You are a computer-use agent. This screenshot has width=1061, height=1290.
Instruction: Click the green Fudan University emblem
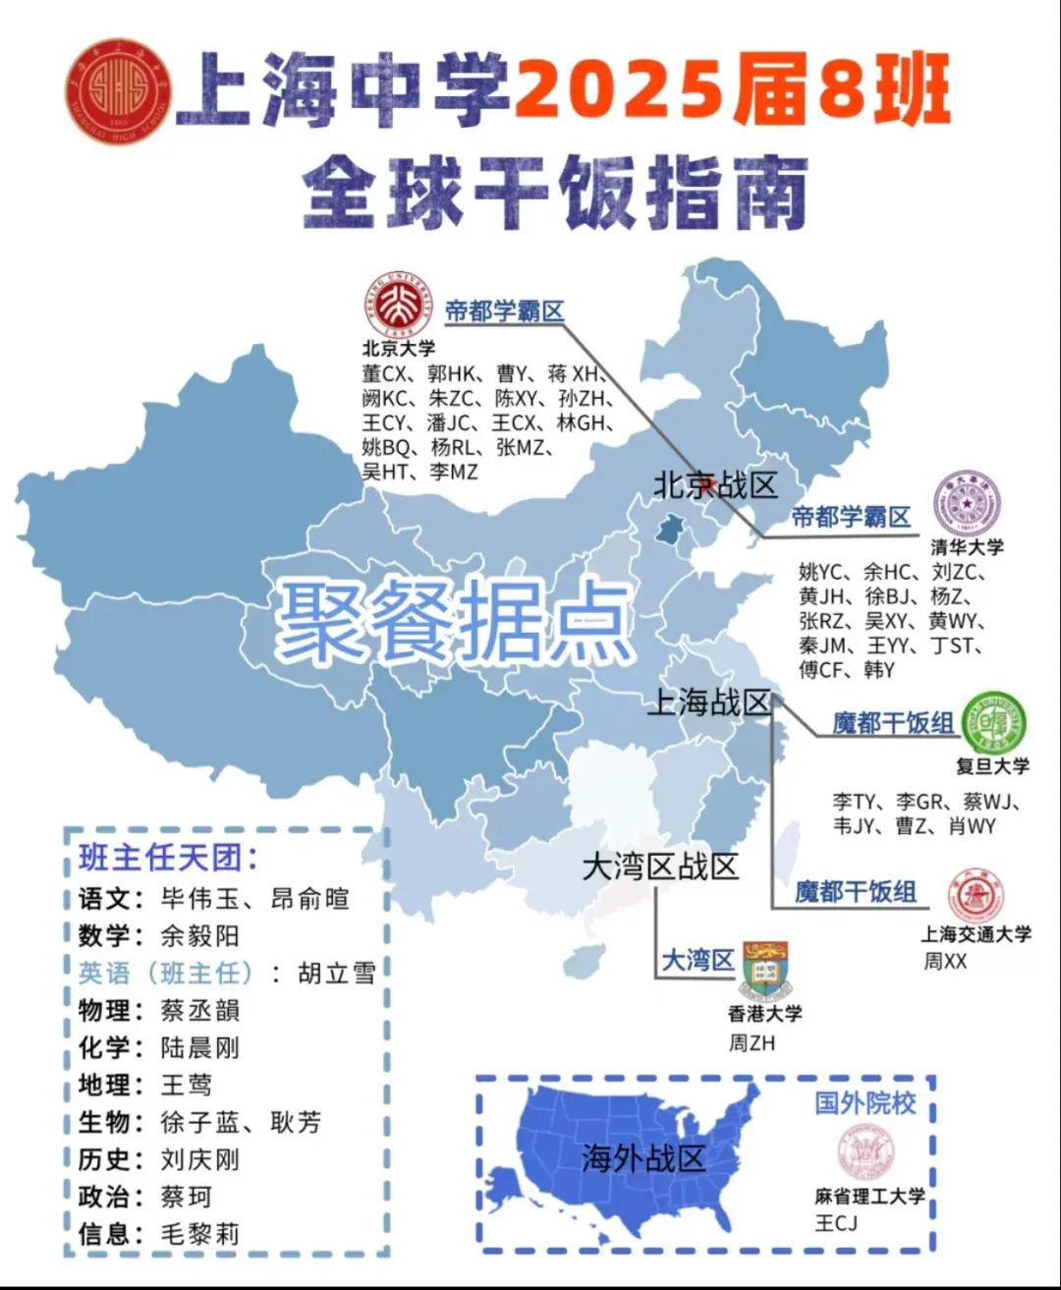tap(993, 723)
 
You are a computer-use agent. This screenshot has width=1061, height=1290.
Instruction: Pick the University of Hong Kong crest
tap(764, 970)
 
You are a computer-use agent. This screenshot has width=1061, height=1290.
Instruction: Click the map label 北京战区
tap(715, 484)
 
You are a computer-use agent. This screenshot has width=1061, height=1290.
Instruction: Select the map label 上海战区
tap(708, 701)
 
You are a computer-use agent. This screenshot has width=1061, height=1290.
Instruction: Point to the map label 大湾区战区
tap(659, 867)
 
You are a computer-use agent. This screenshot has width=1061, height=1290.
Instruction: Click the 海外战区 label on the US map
tap(642, 1158)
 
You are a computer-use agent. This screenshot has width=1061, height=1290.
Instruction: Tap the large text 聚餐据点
tap(454, 620)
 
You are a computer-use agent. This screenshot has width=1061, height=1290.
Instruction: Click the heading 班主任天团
tap(168, 858)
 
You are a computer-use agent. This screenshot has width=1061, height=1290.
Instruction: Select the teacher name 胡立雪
tap(336, 973)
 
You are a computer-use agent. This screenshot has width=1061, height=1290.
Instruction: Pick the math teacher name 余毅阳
tap(199, 935)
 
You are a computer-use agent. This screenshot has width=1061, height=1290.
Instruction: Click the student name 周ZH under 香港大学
tap(752, 1043)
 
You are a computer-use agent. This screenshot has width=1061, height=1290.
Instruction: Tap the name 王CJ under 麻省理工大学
tap(836, 1222)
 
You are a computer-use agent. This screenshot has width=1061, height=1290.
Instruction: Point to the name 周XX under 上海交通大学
tap(944, 962)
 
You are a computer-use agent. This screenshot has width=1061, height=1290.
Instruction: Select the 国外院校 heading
tap(865, 1102)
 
